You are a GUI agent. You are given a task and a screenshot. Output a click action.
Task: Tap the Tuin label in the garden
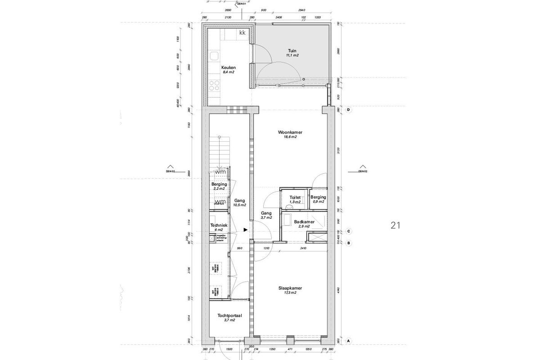(x=292, y=50)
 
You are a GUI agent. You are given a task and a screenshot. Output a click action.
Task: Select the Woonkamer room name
(x=290, y=133)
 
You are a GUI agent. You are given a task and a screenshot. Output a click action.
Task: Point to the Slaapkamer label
(x=290, y=288)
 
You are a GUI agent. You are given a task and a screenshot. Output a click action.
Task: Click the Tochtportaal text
(x=229, y=316)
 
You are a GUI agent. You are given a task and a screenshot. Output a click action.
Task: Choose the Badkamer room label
(x=304, y=222)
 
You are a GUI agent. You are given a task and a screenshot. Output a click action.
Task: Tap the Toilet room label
(x=295, y=197)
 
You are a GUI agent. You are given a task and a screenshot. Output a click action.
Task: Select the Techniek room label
(x=219, y=225)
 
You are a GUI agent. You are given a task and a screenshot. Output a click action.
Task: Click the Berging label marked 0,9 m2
(x=318, y=197)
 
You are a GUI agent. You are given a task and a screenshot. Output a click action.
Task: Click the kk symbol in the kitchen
(x=242, y=33)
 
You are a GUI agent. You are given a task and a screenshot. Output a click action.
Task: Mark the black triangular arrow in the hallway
(x=245, y=229)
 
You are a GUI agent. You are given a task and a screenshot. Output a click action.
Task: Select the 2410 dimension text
(x=303, y=248)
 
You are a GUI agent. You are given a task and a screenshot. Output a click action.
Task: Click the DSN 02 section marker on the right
(x=363, y=171)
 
